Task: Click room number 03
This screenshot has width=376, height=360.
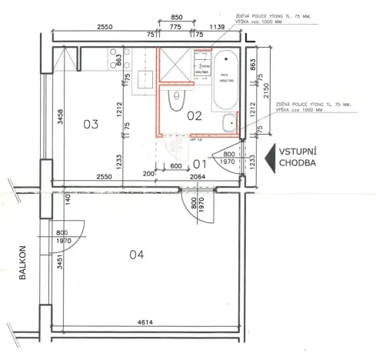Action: pyautogui.click(x=92, y=124)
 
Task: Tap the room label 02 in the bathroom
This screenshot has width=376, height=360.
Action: pyautogui.click(x=194, y=116)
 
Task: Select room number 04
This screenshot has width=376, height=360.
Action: pyautogui.click(x=137, y=255)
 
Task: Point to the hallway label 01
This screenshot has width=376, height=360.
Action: pyautogui.click(x=200, y=164)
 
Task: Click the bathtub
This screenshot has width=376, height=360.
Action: pyautogui.click(x=227, y=78)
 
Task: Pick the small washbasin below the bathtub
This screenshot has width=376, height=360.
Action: pyautogui.click(x=231, y=122)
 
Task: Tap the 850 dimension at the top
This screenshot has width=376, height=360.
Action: pyautogui.click(x=176, y=17)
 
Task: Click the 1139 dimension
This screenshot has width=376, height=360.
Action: pyautogui.click(x=216, y=27)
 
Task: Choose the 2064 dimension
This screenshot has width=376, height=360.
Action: pyautogui.click(x=198, y=177)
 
